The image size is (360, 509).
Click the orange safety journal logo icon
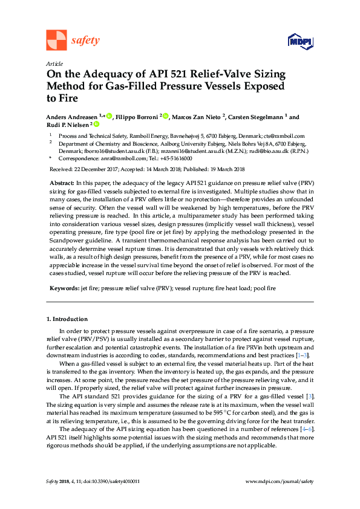[56, 40]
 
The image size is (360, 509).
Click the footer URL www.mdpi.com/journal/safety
[280, 481]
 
